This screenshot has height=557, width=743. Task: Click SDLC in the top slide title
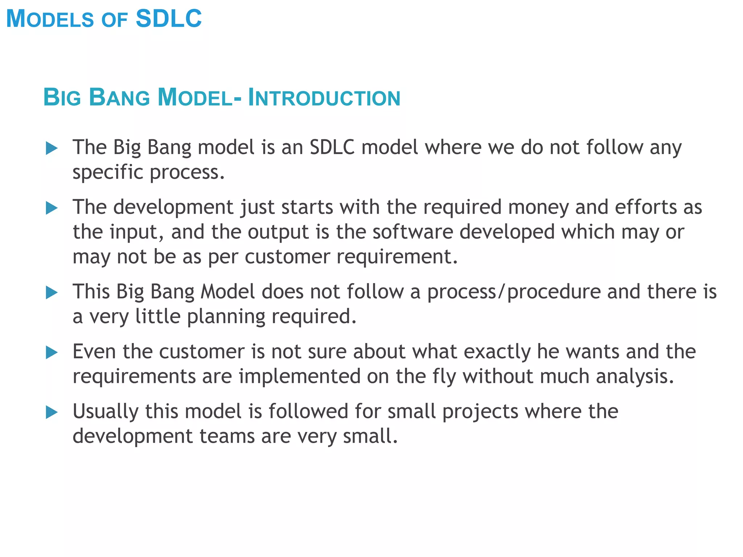coord(168,19)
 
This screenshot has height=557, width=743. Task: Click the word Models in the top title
coord(50,19)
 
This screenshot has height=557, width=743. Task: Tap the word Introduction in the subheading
coord(324,98)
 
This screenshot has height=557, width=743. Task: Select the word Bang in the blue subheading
coord(119,98)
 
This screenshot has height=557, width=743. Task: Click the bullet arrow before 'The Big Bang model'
coord(52,148)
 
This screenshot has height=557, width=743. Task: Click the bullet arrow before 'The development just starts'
coord(52,208)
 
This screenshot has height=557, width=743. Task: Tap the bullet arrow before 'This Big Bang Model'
coord(52,293)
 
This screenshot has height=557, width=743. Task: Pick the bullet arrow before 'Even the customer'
coord(52,352)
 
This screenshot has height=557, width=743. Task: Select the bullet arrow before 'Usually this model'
coord(52,412)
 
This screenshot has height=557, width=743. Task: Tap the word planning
coord(226,317)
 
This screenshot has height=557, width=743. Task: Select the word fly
coord(444,377)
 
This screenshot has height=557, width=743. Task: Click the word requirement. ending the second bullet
coord(397,257)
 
